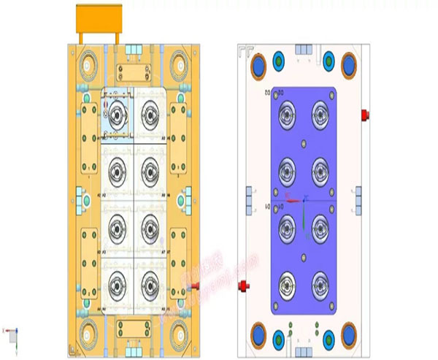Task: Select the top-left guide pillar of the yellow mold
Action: coord(88,64)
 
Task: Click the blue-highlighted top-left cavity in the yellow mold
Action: coord(117,114)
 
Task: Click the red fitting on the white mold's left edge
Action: coord(245,283)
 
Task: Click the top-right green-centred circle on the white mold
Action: coord(328,61)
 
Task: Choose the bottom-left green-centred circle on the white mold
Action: coord(279,339)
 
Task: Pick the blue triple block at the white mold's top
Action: coord(303,49)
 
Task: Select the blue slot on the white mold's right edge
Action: coord(358,197)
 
